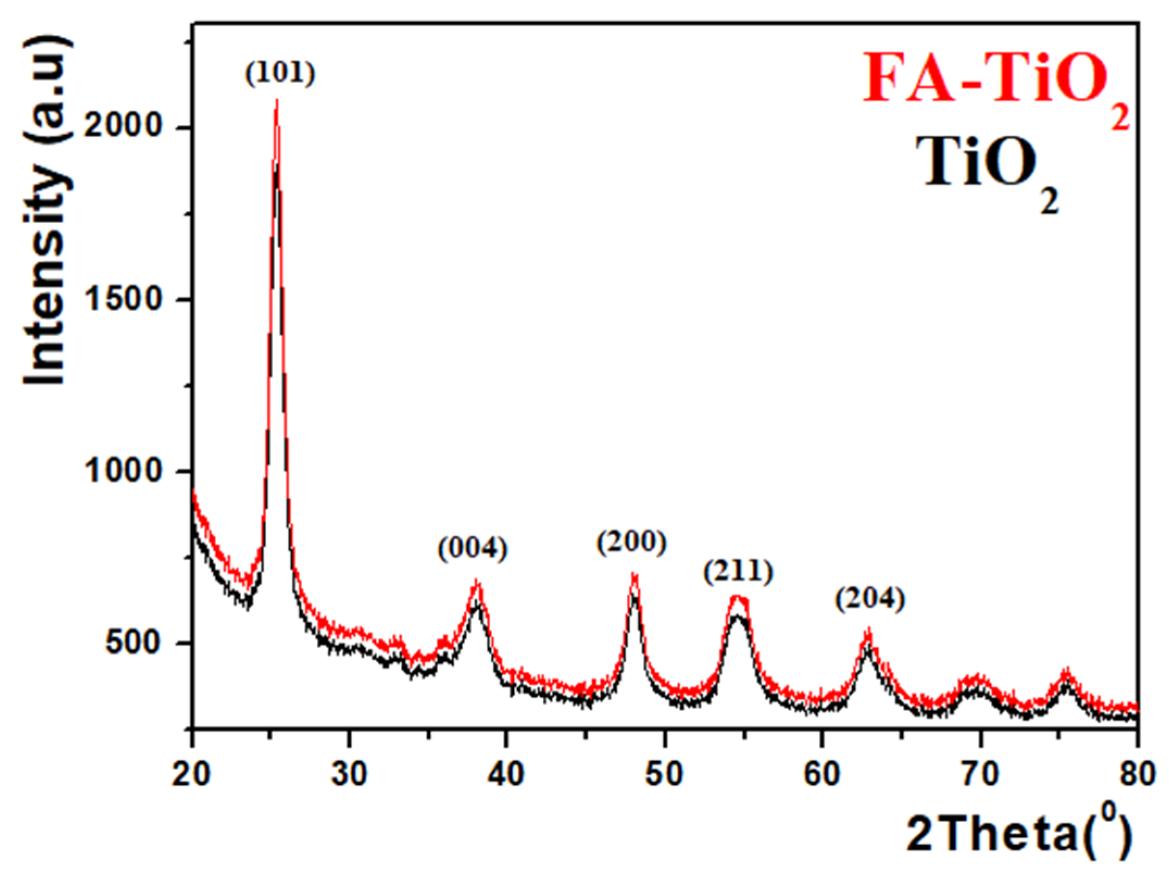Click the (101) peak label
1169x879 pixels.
pyautogui.click(x=280, y=73)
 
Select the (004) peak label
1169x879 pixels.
pyautogui.click(x=473, y=548)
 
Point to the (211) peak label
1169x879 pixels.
pyautogui.click(x=738, y=573)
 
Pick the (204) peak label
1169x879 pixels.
pyautogui.click(x=870, y=600)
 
